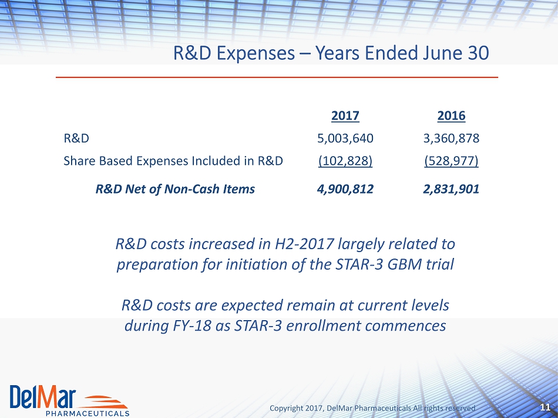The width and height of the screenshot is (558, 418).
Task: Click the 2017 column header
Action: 345,115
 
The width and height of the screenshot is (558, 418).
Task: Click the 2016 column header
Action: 451,115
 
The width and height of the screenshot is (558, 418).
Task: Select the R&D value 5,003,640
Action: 345,138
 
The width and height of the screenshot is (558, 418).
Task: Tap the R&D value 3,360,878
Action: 451,138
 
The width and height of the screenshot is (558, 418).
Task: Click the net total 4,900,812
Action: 345,189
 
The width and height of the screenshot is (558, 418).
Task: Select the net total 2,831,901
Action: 451,189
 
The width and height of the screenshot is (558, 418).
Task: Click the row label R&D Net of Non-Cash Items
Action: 175,189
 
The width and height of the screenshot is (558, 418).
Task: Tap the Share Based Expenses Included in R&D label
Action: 173,161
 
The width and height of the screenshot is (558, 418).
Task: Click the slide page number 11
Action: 545,407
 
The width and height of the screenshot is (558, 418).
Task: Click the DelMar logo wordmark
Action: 43,396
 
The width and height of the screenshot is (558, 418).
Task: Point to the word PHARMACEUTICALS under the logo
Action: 88,414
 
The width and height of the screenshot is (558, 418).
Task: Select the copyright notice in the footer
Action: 372,408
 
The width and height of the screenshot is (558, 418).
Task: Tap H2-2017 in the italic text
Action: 304,244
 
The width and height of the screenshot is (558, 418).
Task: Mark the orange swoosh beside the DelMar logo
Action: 105,402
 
